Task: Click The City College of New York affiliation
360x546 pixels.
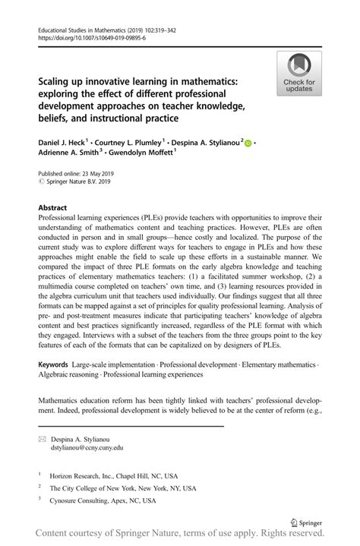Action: point(122,488)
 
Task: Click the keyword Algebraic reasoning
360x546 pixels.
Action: point(71,377)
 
